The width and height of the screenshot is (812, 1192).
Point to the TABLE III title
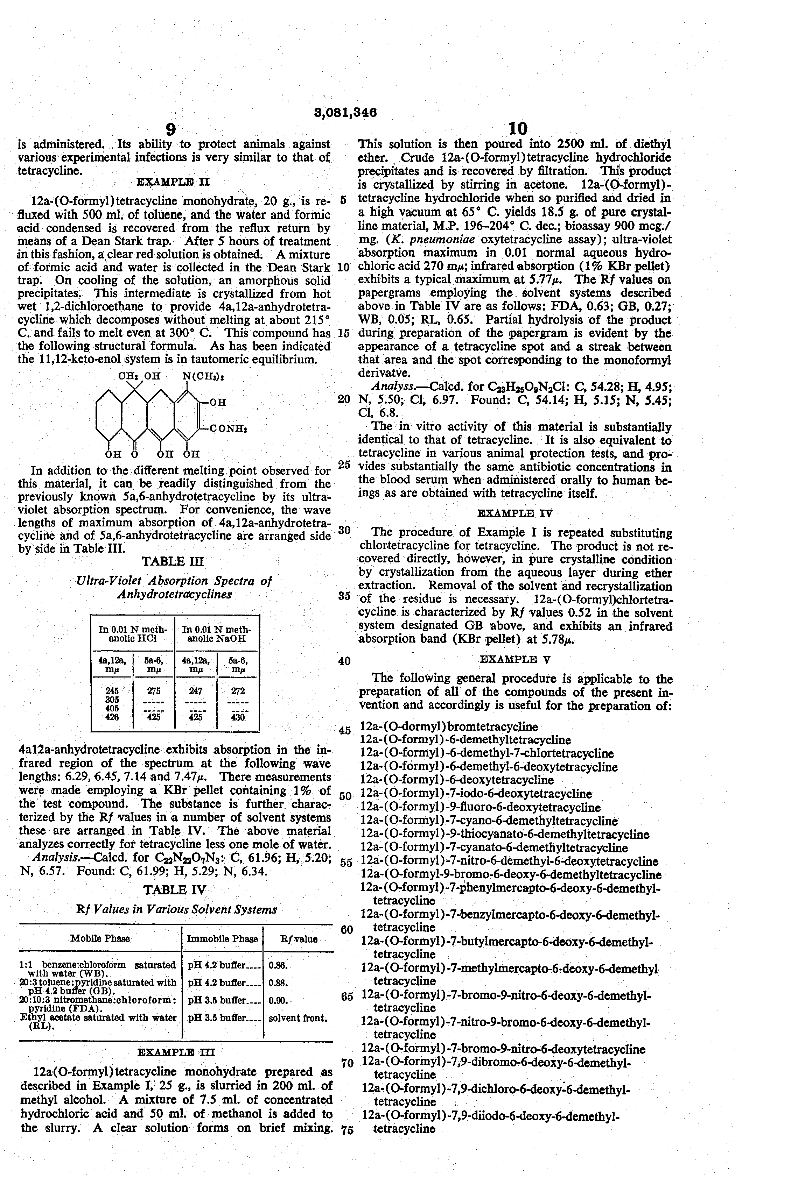[x=173, y=561]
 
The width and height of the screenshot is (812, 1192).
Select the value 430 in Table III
[x=238, y=718]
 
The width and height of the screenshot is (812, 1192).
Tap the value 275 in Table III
[x=154, y=691]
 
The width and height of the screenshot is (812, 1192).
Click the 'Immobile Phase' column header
[x=222, y=939]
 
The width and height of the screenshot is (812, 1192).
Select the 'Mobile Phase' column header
[x=100, y=939]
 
